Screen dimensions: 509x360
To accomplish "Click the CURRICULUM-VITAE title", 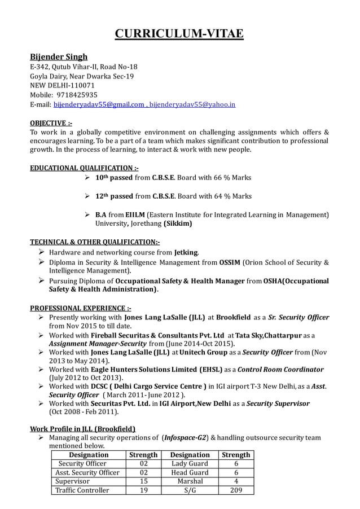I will click(179, 33).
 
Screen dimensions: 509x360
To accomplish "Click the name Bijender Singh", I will click(59, 57).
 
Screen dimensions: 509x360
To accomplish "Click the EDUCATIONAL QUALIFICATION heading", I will click(84, 168).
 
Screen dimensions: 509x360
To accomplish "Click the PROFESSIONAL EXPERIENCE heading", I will click(81, 308).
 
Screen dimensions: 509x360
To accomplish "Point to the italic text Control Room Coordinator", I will click(280, 370).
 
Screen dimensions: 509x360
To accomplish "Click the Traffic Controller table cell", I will click(82, 490).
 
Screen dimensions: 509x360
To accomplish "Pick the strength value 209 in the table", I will click(236, 490).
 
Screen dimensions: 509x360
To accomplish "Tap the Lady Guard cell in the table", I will click(190, 463).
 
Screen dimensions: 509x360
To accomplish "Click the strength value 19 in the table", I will click(143, 490).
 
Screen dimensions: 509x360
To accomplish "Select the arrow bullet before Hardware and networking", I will click(42, 252).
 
